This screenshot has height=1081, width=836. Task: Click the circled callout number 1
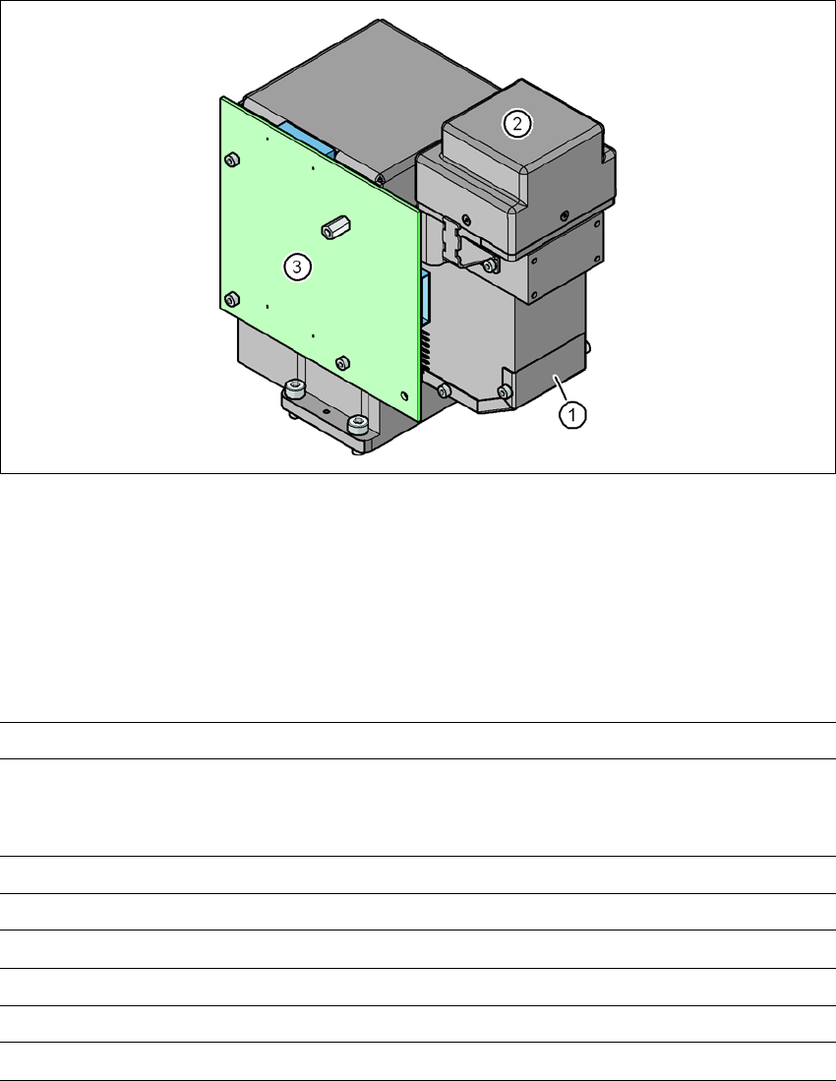click(572, 415)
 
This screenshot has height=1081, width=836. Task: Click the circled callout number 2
click(517, 124)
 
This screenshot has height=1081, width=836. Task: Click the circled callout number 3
click(297, 267)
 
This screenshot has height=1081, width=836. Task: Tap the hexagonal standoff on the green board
click(335, 227)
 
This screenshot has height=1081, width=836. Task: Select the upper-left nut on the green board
click(232, 160)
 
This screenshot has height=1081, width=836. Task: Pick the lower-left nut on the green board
click(232, 299)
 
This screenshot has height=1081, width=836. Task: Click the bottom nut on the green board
click(342, 363)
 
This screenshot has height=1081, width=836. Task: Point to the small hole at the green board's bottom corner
click(404, 395)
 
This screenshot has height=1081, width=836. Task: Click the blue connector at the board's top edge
click(309, 140)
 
